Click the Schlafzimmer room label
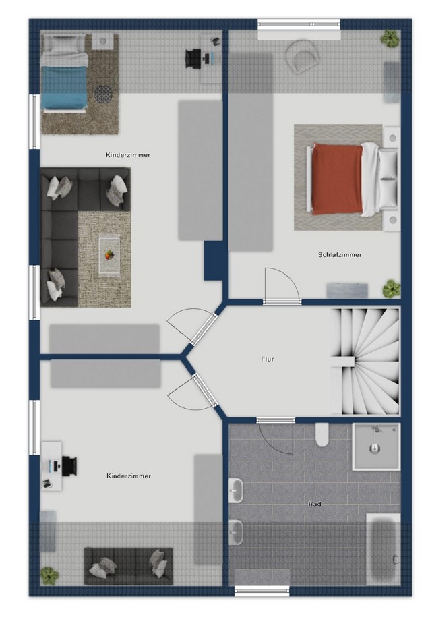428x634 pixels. [x=340, y=255]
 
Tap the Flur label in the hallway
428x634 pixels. [x=267, y=359]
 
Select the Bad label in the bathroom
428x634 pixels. [x=315, y=504]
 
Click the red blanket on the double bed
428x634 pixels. [x=338, y=179]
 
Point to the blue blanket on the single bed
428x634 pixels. [x=65, y=87]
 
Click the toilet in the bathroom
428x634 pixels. [x=322, y=434]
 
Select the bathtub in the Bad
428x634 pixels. [x=383, y=549]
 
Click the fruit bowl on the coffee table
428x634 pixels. [x=109, y=255]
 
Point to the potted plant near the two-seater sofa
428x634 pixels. [x=49, y=576]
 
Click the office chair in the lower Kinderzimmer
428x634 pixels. [x=69, y=465]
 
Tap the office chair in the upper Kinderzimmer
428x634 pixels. [x=193, y=58]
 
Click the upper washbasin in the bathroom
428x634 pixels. [x=236, y=490]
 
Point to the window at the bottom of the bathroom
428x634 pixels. [x=262, y=591]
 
